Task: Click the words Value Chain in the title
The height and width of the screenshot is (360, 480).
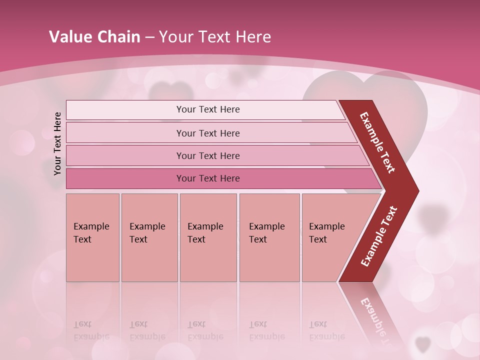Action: point(94,37)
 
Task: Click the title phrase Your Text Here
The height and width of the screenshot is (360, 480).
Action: point(215,37)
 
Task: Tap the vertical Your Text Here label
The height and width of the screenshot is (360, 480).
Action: point(57,143)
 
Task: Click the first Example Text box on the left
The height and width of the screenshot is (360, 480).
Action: point(92,237)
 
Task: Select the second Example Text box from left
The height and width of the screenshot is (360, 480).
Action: point(149,237)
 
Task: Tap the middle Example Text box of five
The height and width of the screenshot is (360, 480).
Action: point(208,237)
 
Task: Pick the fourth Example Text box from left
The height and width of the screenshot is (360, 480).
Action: point(269,237)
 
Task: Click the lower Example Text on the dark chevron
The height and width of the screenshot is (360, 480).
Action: point(379,236)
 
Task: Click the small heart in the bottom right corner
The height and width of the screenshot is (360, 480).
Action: point(423,344)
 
